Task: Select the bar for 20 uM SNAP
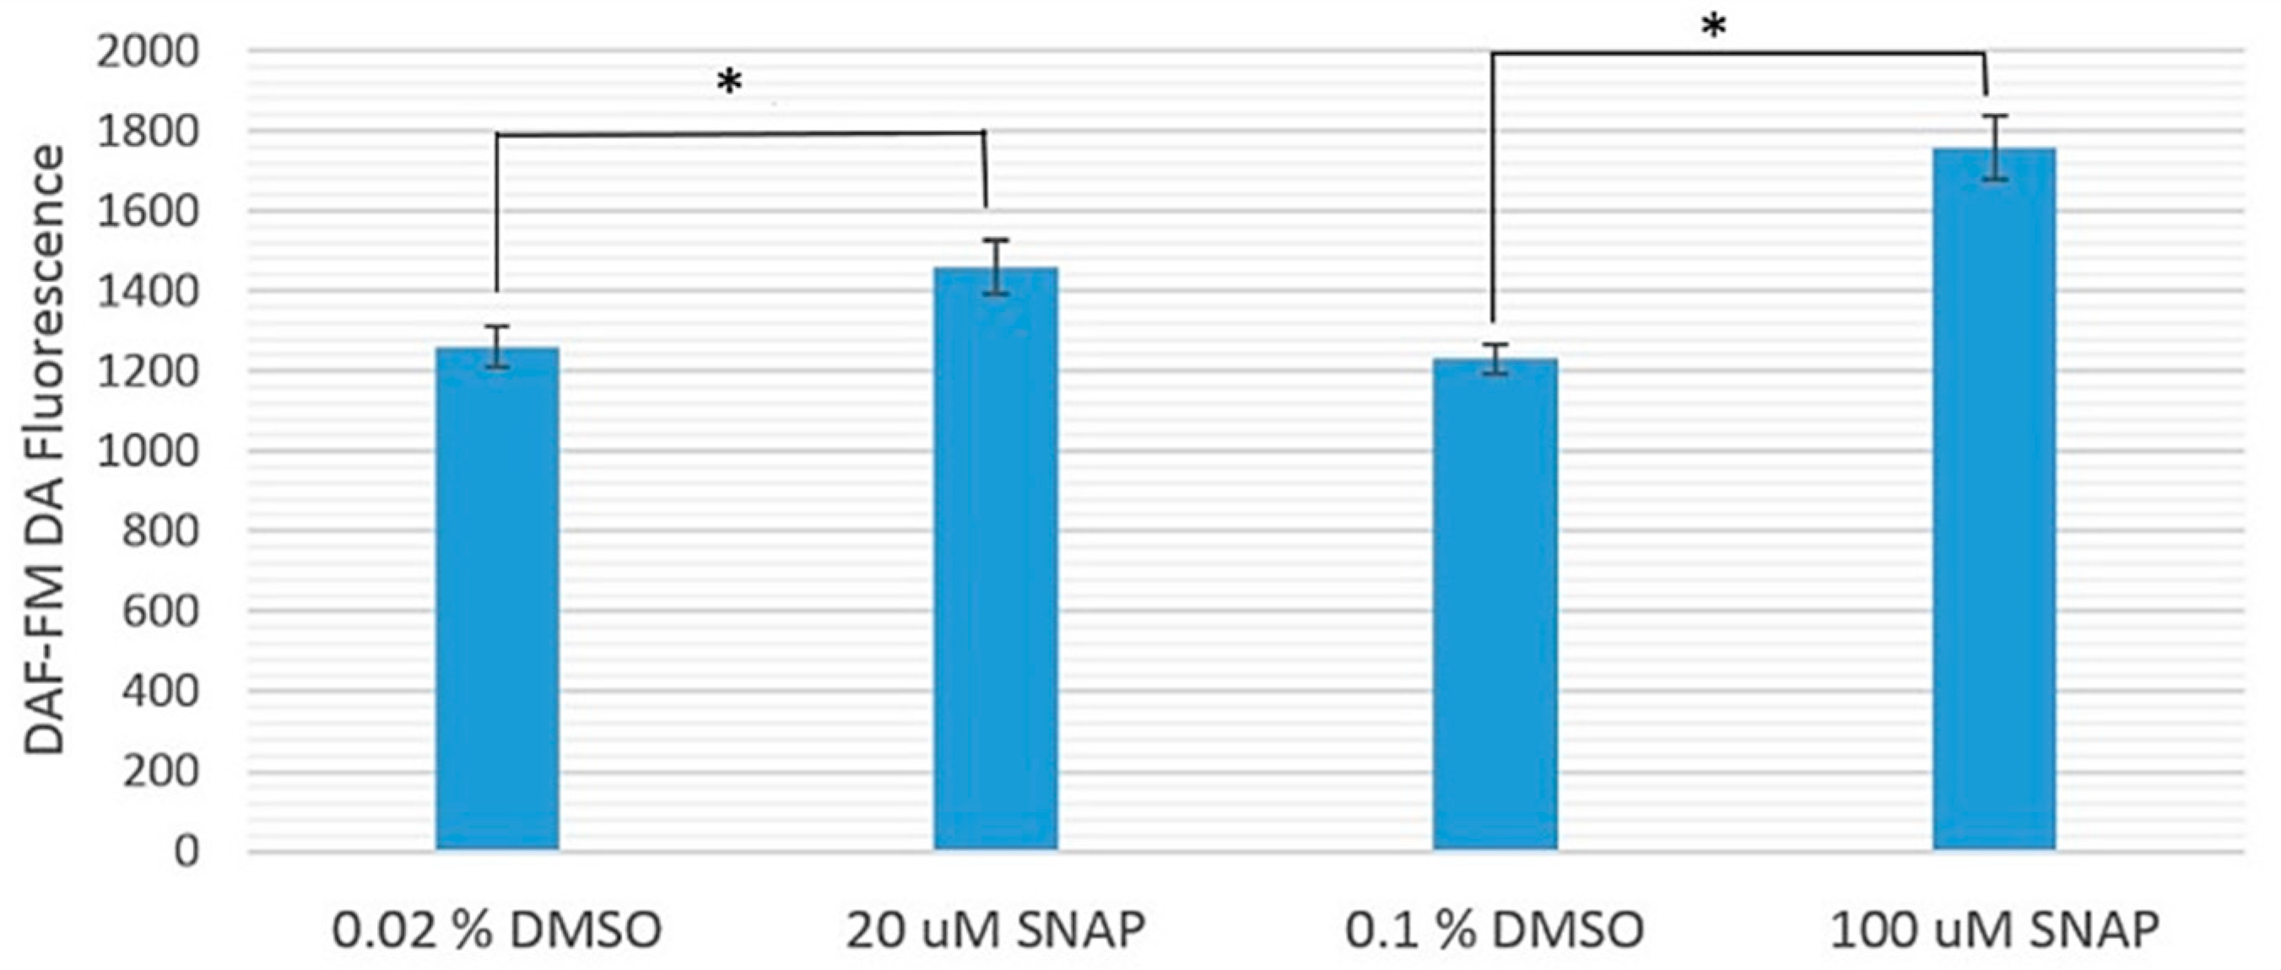coord(996,558)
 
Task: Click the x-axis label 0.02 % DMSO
coord(497,930)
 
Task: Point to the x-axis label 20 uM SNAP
coord(995,930)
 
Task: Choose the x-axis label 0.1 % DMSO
coord(1495,930)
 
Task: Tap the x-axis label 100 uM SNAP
coord(1994,930)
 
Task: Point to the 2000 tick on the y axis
coord(149,52)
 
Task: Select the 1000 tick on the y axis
coord(149,451)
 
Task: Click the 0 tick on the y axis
coord(186,851)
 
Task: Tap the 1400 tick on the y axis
coord(149,291)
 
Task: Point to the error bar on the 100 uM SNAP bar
coord(1994,147)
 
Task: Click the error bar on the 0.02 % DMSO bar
coord(497,346)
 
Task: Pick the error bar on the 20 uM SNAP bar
coord(996,267)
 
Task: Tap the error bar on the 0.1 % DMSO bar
coord(1495,358)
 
